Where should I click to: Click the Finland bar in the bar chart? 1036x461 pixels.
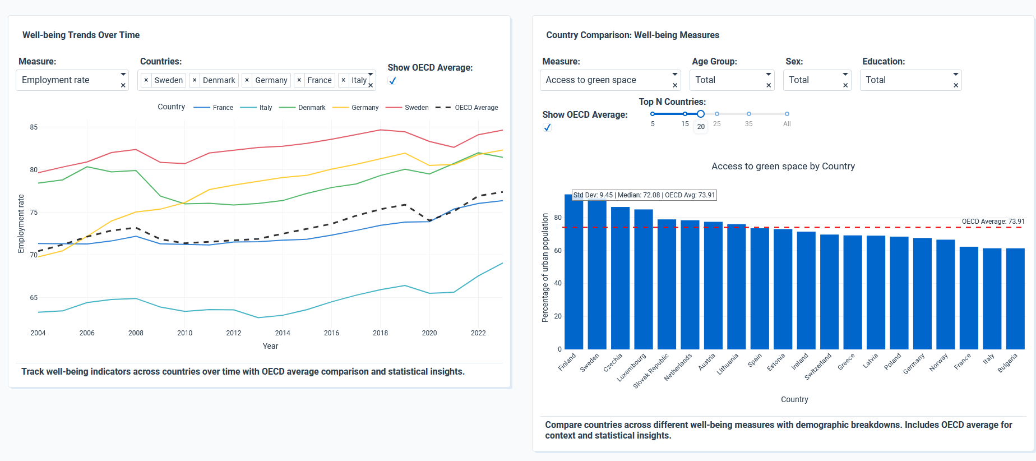pyautogui.click(x=573, y=275)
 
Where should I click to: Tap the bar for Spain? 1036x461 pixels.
pyautogui.click(x=760, y=288)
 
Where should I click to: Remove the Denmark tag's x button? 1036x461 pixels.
pyautogui.click(x=195, y=80)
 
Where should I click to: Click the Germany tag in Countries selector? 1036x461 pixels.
pyautogui.click(x=271, y=80)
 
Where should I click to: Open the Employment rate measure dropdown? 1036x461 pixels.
pyautogui.click(x=72, y=80)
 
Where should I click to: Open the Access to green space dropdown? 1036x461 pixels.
pyautogui.click(x=610, y=80)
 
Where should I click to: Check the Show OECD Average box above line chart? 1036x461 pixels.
pyautogui.click(x=392, y=81)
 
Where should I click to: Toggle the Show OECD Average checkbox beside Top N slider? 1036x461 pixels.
pyautogui.click(x=547, y=127)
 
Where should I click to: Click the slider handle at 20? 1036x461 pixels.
pyautogui.click(x=701, y=114)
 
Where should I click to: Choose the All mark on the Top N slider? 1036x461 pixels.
pyautogui.click(x=787, y=114)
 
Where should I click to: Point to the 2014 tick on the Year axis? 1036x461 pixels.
pyautogui.click(x=283, y=333)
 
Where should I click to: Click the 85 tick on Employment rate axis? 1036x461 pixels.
pyautogui.click(x=34, y=127)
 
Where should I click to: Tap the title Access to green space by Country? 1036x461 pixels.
pyautogui.click(x=783, y=167)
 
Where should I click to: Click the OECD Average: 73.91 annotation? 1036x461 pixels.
pyautogui.click(x=993, y=222)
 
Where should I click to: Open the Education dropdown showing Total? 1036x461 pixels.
pyautogui.click(x=910, y=80)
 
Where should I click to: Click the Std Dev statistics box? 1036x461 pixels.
pyautogui.click(x=644, y=195)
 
